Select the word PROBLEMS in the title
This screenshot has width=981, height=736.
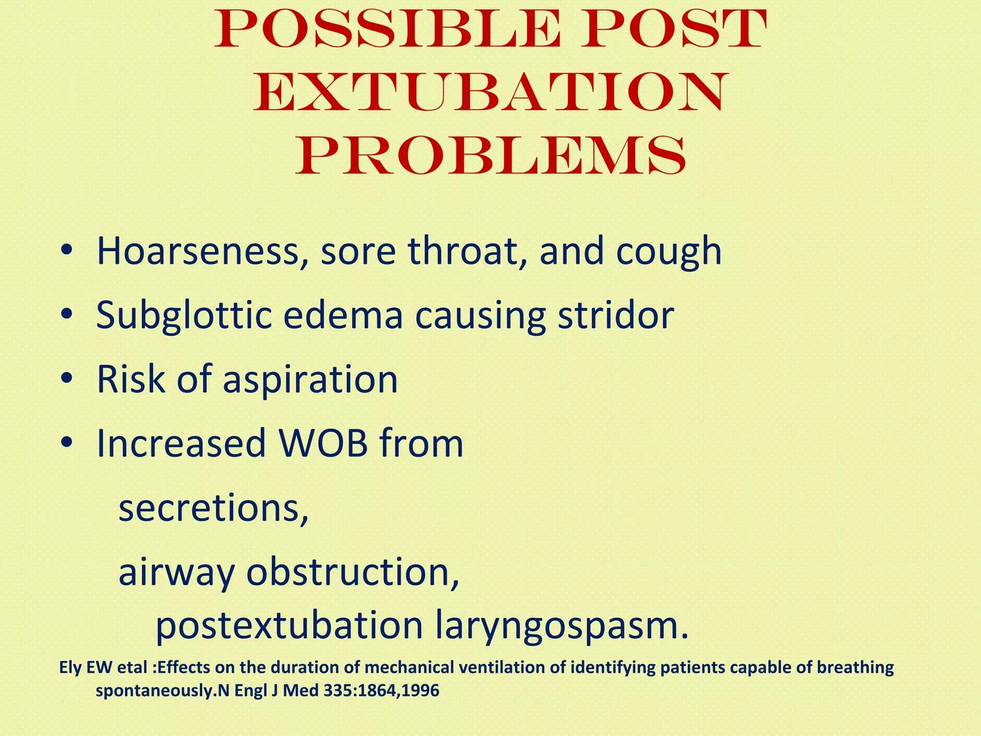pos(490,156)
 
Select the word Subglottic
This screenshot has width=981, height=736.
pos(184,317)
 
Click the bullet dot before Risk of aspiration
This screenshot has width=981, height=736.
pos(67,379)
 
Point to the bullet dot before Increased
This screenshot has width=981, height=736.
pos(67,443)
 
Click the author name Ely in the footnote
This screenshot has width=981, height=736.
pos(70,667)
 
